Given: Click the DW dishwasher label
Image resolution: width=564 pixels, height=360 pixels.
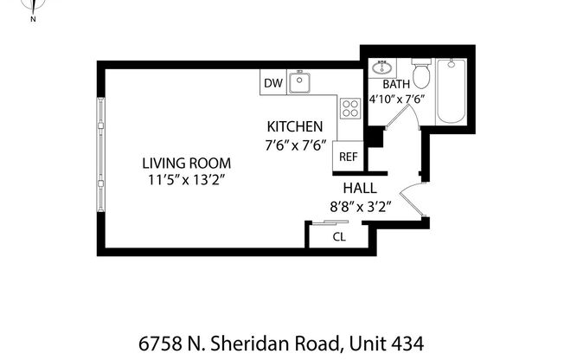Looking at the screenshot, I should click(273, 83).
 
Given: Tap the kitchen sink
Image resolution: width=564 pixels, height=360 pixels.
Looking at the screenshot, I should click(299, 83).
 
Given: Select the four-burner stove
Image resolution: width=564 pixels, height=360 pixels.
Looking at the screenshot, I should click(350, 108).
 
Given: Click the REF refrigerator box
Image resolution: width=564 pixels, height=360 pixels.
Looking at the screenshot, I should click(347, 157).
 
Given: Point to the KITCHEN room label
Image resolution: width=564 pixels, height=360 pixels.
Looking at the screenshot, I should click(294, 126).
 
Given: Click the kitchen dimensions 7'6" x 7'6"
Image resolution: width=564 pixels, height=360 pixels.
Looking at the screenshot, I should click(294, 145).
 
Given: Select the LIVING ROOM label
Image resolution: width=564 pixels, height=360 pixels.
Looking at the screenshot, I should click(187, 163).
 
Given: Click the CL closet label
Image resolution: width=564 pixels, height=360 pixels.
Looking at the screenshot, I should click(339, 235).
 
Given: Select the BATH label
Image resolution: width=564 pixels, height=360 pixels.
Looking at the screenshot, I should click(396, 84).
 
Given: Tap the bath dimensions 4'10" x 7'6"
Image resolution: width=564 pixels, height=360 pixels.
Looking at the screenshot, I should click(396, 99).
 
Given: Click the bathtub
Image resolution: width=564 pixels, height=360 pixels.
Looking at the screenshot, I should click(452, 91).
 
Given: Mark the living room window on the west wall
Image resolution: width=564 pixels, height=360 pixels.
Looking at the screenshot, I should click(101, 156).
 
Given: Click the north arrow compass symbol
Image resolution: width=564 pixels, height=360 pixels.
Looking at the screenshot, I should click(33, 9).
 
